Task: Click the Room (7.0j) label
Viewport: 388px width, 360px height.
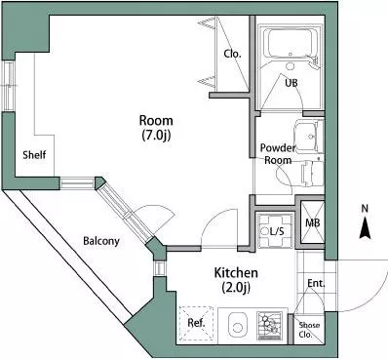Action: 156,127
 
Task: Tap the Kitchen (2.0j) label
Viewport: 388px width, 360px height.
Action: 236,280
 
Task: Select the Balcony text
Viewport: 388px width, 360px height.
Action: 101,241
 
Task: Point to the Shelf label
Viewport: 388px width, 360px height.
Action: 34,154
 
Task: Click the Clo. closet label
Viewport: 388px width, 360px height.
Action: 232,54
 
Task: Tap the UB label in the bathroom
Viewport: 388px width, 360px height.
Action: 291,83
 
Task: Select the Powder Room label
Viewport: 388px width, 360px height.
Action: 277,154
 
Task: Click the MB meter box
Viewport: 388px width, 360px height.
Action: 312,222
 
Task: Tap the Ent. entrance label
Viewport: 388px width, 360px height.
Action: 316,283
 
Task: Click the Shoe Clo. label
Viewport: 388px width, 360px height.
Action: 309,329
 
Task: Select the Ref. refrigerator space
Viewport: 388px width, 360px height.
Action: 197,324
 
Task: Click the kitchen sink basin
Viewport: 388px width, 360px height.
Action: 238,325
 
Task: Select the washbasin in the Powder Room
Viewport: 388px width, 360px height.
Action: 309,136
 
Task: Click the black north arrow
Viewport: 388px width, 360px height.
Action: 365,228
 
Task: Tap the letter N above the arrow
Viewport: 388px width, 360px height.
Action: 365,209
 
